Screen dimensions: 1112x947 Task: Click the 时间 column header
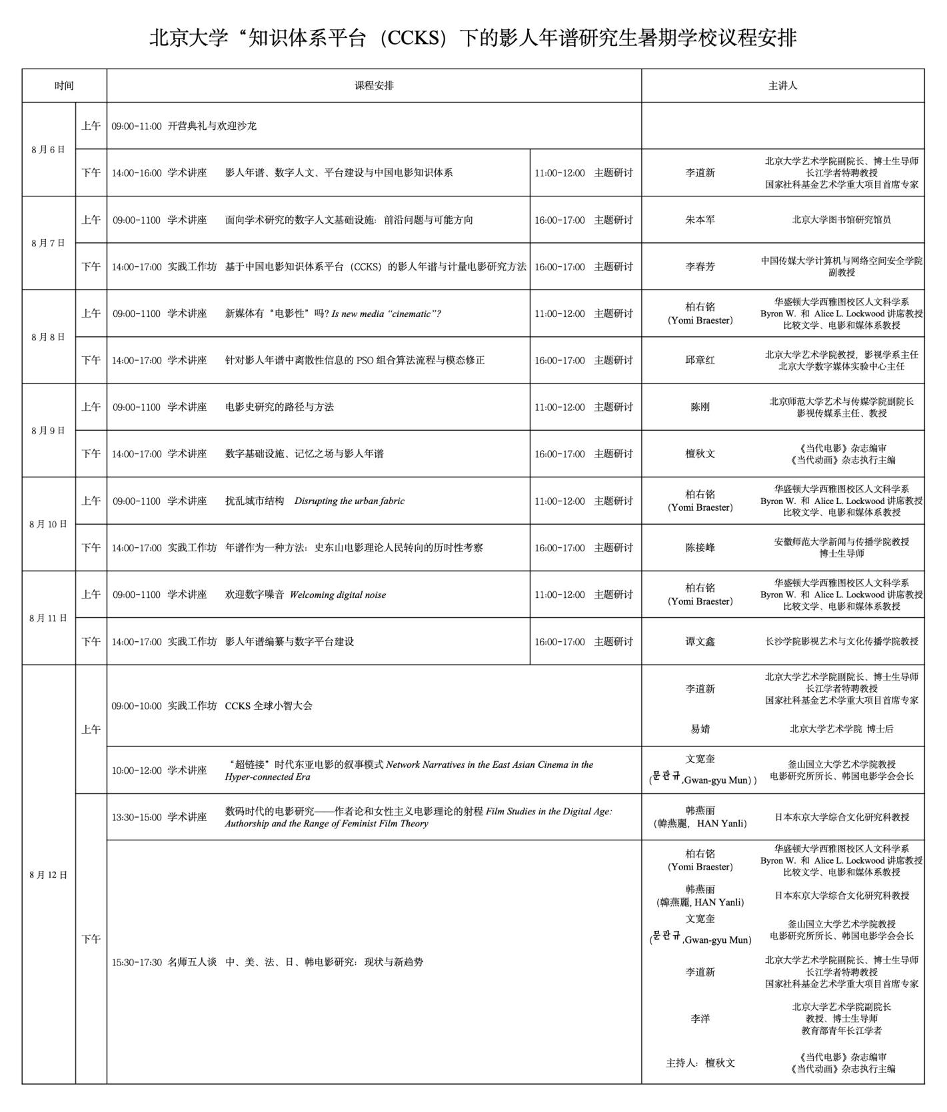click(x=64, y=86)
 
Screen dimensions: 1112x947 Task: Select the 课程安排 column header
click(x=374, y=86)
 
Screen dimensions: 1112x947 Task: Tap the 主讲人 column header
click(x=782, y=86)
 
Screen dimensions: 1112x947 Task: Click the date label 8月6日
click(x=48, y=149)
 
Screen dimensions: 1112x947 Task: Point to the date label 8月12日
click(x=48, y=874)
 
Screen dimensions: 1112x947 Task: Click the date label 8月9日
click(x=48, y=430)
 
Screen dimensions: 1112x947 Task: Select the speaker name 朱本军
click(x=700, y=220)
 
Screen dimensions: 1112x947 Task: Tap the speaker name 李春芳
click(x=700, y=266)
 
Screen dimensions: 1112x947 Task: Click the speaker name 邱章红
click(x=700, y=360)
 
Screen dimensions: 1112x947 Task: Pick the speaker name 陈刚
click(x=700, y=407)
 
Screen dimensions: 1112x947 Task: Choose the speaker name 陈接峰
click(x=700, y=548)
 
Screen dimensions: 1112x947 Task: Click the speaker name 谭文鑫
click(x=700, y=642)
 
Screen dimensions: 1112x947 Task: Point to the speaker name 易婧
click(x=700, y=729)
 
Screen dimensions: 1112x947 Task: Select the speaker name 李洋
click(x=700, y=1019)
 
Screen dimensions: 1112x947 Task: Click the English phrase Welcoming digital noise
click(x=337, y=595)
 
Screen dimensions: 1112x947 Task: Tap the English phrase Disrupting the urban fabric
click(x=349, y=501)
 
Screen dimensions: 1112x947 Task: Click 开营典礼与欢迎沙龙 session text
click(x=212, y=126)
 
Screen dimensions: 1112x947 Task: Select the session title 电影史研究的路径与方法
click(x=279, y=407)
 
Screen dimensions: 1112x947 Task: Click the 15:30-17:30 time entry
click(x=137, y=962)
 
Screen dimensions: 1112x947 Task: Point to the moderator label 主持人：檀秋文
click(x=700, y=1063)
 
